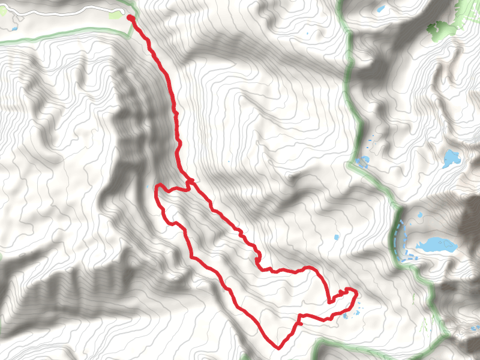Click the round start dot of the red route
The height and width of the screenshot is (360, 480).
coord(131,18)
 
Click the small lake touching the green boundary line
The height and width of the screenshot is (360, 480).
coord(362,161)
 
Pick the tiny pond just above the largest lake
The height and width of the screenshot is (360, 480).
coord(419,215)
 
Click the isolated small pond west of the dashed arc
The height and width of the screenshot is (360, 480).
coord(337,237)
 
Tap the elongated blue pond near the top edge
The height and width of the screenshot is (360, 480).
coord(380,9)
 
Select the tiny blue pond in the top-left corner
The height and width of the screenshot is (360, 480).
coord(13,28)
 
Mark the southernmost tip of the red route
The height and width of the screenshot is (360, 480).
coord(278,347)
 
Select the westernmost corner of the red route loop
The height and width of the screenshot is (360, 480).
coord(157,187)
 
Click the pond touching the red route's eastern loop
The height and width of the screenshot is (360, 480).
coord(346,316)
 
